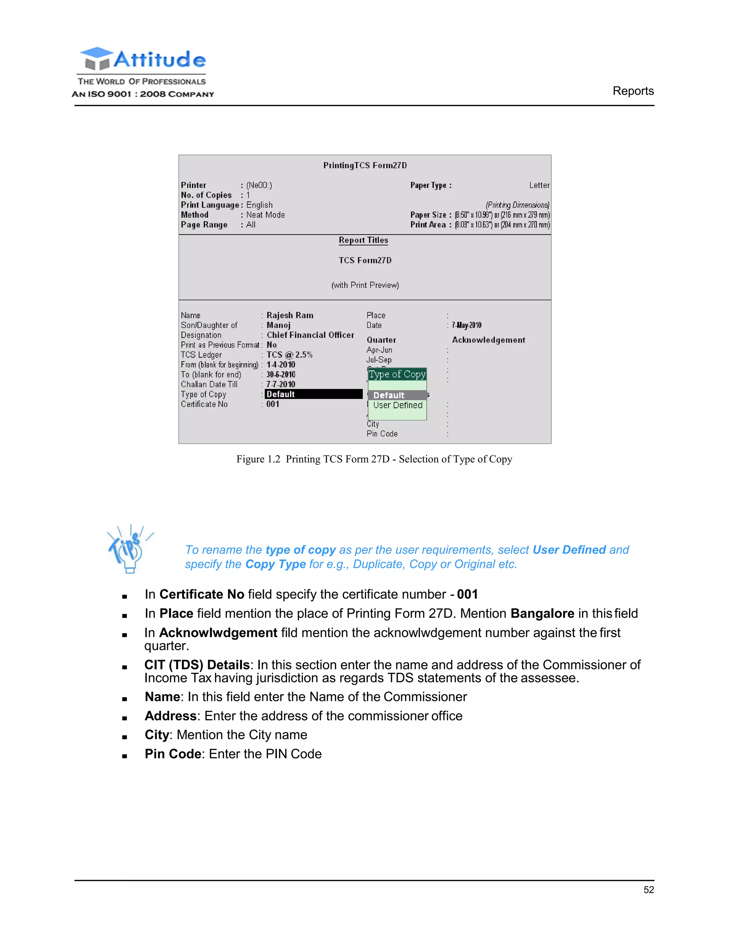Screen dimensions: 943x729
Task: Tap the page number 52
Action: click(x=648, y=890)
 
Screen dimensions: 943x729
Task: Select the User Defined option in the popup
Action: click(x=397, y=405)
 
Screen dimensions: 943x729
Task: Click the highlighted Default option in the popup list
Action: click(x=389, y=395)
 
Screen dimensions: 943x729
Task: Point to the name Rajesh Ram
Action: click(x=290, y=315)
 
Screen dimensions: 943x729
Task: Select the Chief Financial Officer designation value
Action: click(x=310, y=335)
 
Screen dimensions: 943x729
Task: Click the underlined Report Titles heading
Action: click(x=363, y=240)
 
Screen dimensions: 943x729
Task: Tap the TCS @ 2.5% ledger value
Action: click(x=289, y=355)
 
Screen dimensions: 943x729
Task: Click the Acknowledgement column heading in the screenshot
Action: click(x=488, y=340)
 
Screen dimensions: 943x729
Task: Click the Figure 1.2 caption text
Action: click(x=374, y=459)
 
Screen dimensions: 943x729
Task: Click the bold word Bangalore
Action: click(x=542, y=613)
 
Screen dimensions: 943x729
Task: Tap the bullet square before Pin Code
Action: click(x=124, y=756)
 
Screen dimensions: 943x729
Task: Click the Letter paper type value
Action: click(x=539, y=185)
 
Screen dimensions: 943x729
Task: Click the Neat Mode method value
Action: click(x=265, y=215)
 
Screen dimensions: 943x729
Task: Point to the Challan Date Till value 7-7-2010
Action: click(x=281, y=384)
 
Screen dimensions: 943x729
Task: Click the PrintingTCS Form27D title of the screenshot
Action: click(x=365, y=165)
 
